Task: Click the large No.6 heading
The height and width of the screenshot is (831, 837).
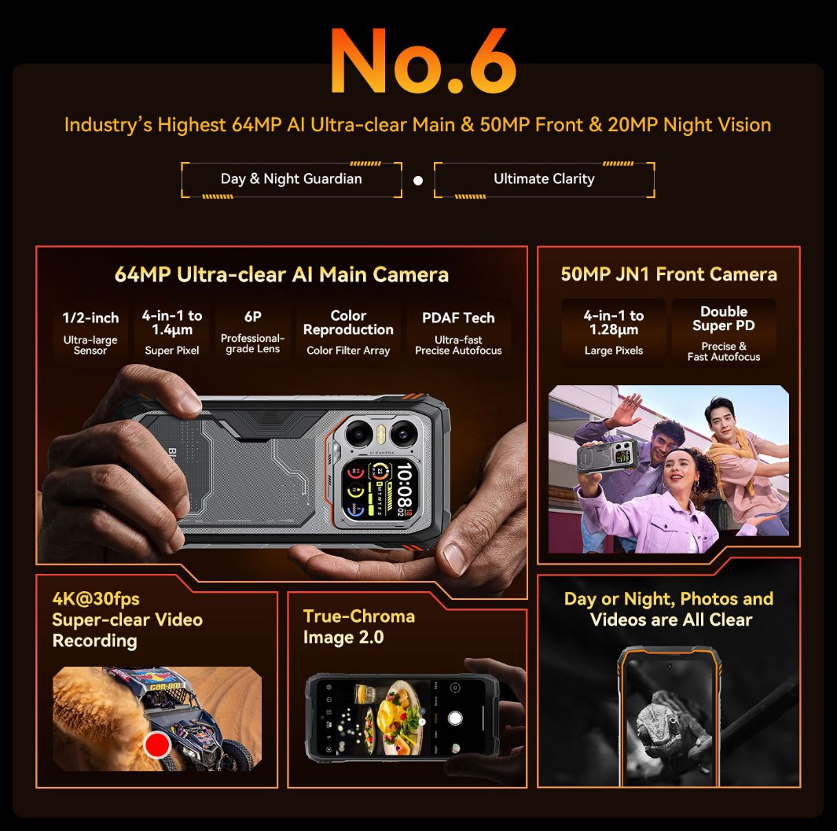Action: click(x=423, y=61)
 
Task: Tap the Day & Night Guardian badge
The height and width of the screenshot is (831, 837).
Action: click(x=292, y=179)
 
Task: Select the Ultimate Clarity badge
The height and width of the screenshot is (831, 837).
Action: click(x=544, y=179)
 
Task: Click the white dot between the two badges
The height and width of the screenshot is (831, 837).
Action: click(x=418, y=181)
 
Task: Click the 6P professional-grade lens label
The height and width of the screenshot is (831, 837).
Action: click(x=252, y=330)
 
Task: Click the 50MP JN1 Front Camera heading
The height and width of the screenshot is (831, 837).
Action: click(x=669, y=274)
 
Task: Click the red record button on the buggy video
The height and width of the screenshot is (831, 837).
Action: click(x=158, y=744)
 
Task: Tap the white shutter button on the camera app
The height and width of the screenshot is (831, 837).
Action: click(x=455, y=718)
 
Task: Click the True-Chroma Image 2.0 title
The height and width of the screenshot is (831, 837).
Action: click(x=359, y=627)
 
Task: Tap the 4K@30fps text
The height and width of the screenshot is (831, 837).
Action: click(x=96, y=600)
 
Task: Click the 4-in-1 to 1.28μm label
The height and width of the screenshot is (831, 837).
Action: click(x=614, y=322)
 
